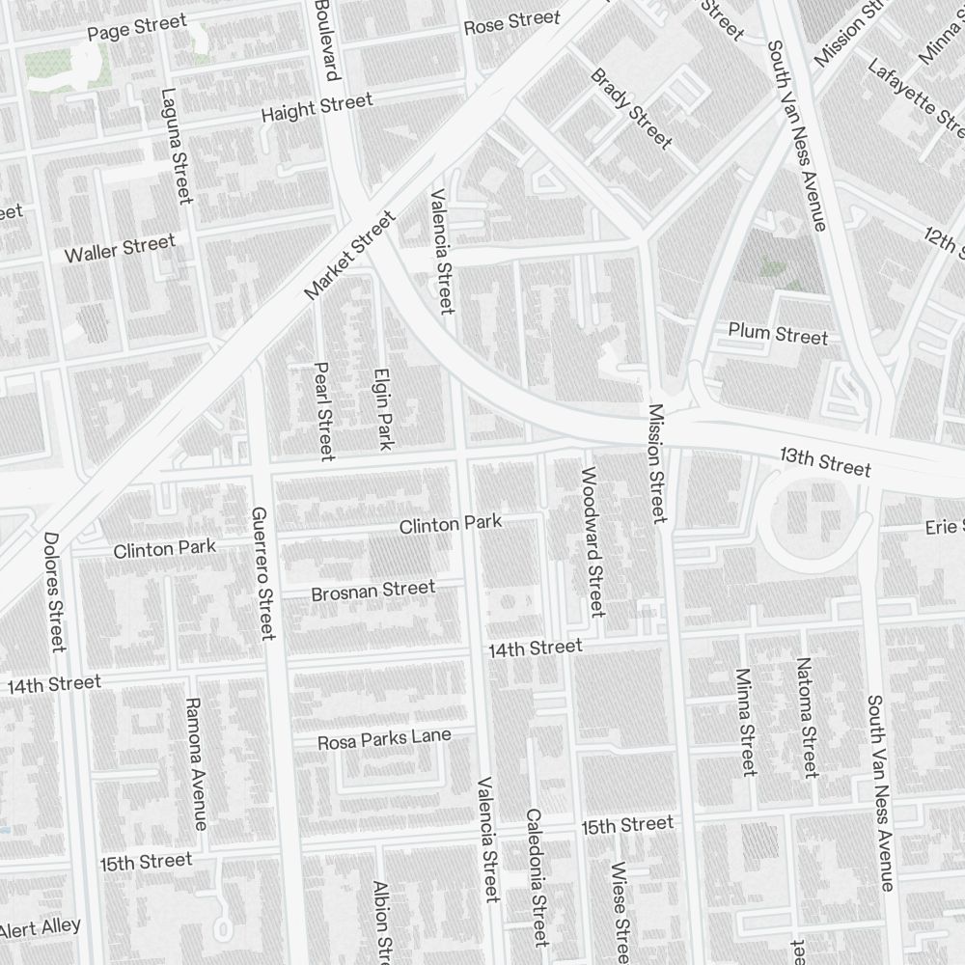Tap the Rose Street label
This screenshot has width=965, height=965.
tap(511, 22)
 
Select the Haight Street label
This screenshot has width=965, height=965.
tap(317, 107)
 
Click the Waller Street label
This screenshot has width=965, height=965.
tap(120, 248)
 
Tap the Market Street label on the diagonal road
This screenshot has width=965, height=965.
tap(349, 257)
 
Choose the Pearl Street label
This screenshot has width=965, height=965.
tap(323, 410)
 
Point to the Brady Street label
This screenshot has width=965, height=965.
tap(631, 108)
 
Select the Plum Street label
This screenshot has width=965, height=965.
tap(778, 335)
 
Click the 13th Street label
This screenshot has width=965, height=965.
tap(825, 462)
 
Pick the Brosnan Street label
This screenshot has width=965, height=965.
tap(372, 590)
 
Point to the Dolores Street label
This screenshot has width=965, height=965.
tap(54, 592)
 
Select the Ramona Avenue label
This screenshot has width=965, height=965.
tap(195, 763)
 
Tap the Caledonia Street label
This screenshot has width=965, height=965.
tap(537, 877)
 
